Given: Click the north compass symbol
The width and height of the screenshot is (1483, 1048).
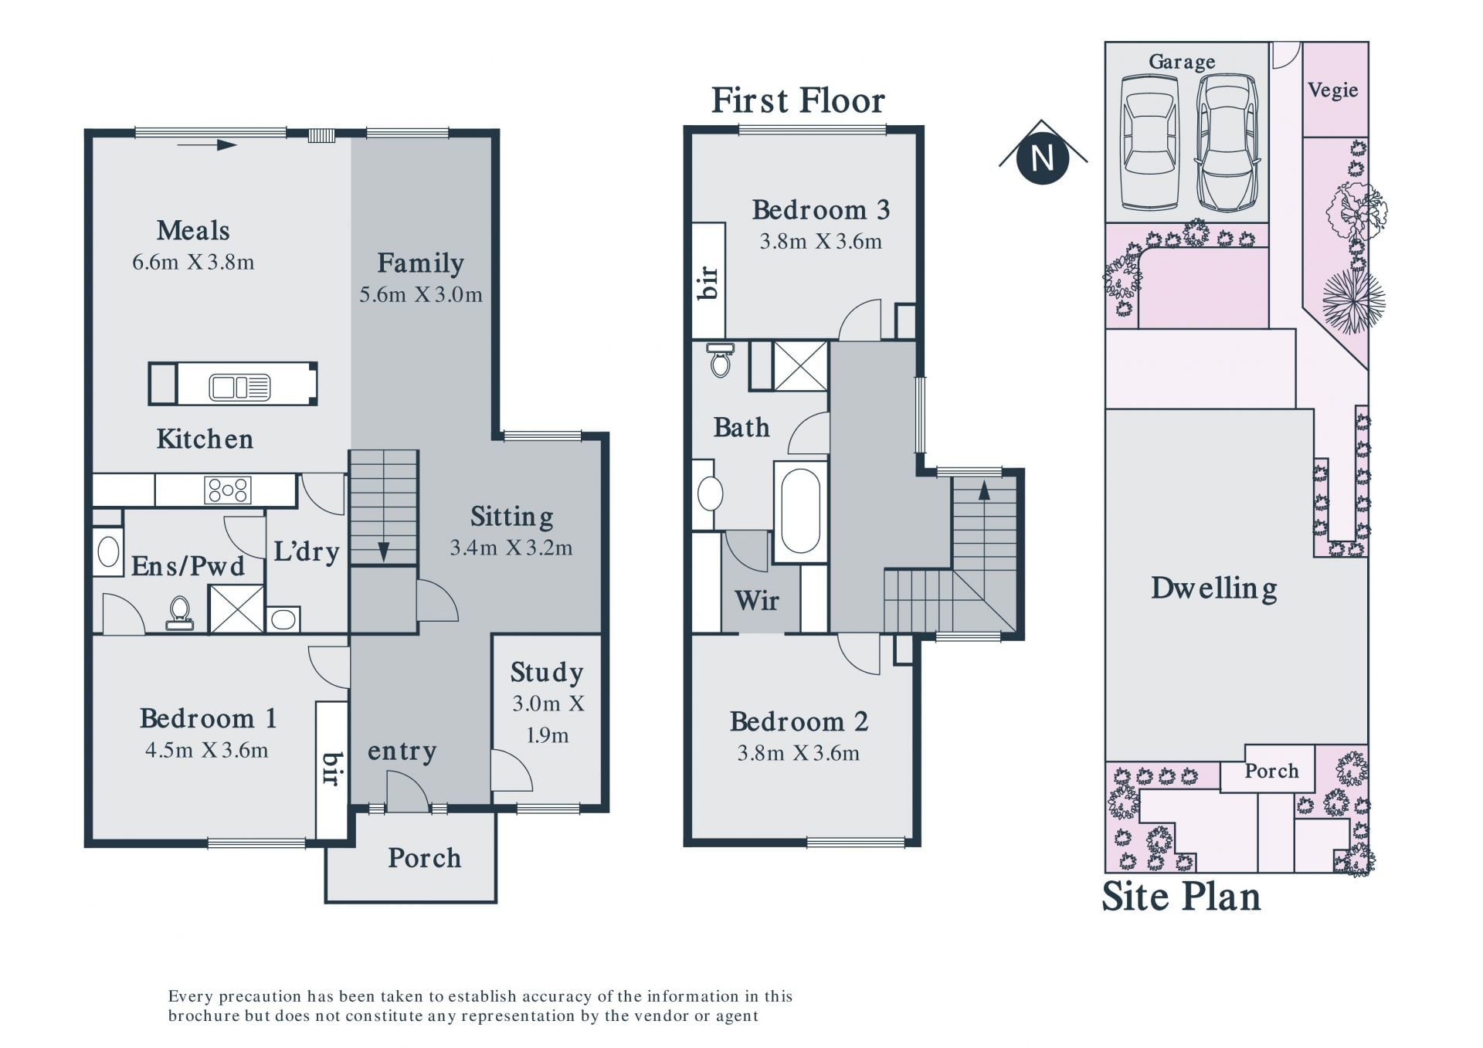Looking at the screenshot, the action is [1043, 158].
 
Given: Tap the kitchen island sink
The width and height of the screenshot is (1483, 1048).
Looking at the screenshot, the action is [240, 387].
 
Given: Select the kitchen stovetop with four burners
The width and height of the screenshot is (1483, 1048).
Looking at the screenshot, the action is [227, 490].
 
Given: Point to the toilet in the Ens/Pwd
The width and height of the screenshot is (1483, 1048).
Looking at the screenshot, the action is [180, 612].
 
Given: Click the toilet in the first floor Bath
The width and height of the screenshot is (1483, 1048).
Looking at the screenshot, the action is [721, 359].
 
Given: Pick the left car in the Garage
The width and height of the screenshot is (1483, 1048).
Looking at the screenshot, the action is [1150, 142].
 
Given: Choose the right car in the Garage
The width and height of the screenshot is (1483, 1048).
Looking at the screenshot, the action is [1227, 142].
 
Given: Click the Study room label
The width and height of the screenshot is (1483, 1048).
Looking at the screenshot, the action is [547, 673].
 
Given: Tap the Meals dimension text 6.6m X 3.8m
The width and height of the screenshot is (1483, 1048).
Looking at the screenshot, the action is [193, 262].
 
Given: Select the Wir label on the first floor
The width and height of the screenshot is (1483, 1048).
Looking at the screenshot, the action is [757, 600].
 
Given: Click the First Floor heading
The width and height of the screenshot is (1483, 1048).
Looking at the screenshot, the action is [798, 100].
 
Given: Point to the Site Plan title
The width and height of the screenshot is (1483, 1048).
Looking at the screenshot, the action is [1181, 897].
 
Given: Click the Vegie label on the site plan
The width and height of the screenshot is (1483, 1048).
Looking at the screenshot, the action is [1333, 90].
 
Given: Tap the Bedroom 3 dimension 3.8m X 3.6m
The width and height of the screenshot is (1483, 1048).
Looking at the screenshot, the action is [820, 242].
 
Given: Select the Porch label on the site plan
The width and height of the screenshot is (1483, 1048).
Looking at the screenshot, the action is [1271, 771].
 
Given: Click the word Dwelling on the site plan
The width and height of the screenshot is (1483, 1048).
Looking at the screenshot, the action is [1213, 588].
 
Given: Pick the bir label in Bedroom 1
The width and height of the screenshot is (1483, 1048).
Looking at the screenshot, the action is [331, 768].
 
